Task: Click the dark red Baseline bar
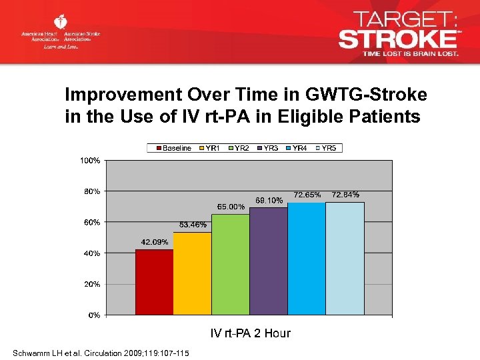pos(154,282)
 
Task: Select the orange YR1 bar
pos(192,273)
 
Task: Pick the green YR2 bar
pos(230,265)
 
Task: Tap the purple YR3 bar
pos(268,261)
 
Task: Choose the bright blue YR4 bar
pos(306,259)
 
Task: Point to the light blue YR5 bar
pos(345,259)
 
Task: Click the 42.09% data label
pos(154,242)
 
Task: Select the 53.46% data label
pos(193,225)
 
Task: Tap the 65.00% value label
pos(231,207)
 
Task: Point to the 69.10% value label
pos(269,200)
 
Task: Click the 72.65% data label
pos(307,195)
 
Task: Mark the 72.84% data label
pos(345,195)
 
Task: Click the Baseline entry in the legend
pos(173,148)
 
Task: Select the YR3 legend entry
pos(267,148)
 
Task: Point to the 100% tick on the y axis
pos(91,161)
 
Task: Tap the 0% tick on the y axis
pos(94,315)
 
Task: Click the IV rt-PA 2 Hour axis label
pos(250,333)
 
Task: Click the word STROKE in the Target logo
pos(397,38)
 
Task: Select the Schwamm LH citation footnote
pos(101,353)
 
